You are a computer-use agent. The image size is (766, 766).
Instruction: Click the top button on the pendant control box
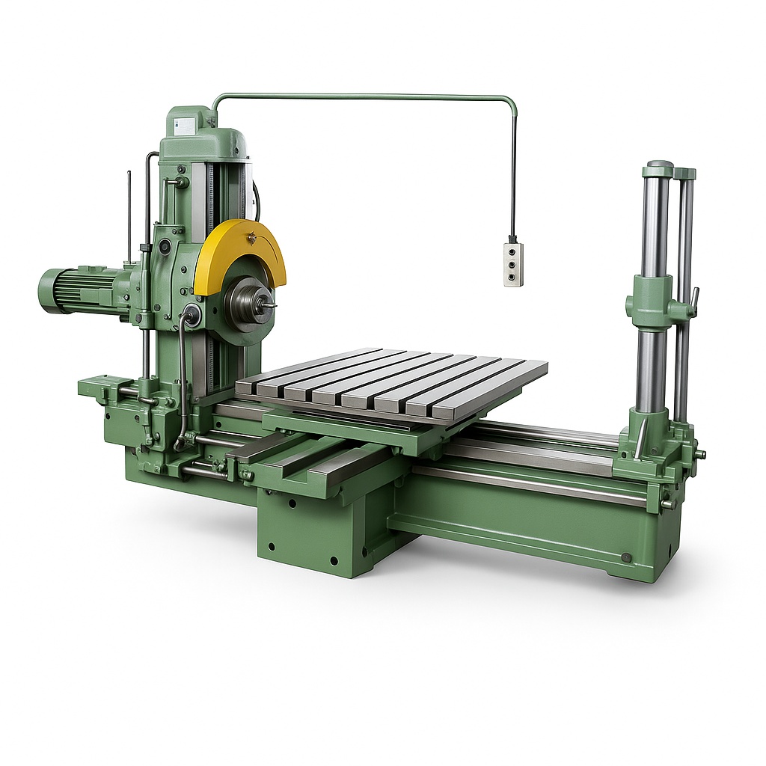512,253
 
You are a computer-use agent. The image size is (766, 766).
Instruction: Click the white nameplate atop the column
182,125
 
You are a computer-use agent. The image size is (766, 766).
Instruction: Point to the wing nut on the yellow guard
253,238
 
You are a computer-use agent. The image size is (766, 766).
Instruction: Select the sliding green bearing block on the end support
649,303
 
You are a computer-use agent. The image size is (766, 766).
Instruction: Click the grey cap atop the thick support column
660,167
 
